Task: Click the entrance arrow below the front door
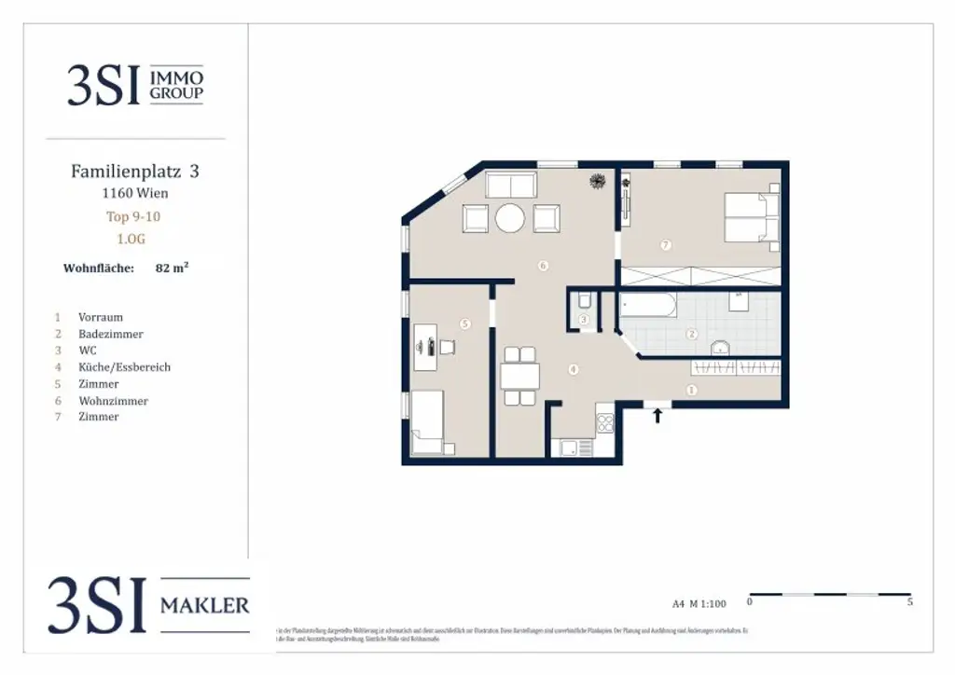pos(657,416)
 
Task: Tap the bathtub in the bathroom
pos(648,307)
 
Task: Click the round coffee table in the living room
pos(510,218)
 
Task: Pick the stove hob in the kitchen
pos(605,424)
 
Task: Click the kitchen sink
pos(570,448)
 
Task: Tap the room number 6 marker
pos(543,266)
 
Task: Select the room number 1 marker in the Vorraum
pos(691,390)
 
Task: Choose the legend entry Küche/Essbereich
pos(124,367)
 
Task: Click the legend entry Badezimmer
pos(111,334)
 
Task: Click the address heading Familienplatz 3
pos(135,172)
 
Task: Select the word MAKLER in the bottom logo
pos(204,606)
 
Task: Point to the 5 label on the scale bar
pos(909,603)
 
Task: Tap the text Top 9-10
pos(134,216)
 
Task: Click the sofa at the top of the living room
pos(510,185)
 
